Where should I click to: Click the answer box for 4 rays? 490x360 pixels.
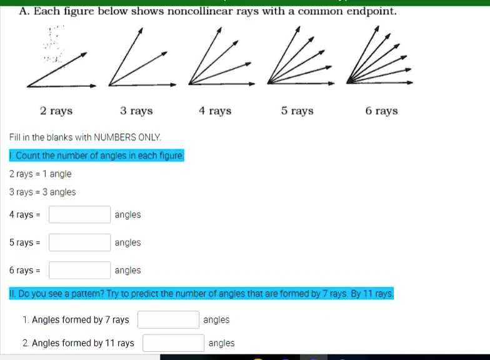(x=80, y=215)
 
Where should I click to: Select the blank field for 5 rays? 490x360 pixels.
(x=80, y=242)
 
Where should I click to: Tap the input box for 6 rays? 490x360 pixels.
(x=80, y=271)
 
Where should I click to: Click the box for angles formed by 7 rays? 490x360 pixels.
(x=169, y=320)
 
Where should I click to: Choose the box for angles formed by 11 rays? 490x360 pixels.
(x=174, y=343)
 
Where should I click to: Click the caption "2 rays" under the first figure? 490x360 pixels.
(x=56, y=111)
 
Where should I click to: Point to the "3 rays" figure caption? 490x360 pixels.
(x=136, y=111)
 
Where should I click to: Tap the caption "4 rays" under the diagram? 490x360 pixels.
(x=215, y=111)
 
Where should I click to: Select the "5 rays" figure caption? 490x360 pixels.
(x=297, y=111)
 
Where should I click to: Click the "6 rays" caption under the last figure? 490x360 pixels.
(x=381, y=111)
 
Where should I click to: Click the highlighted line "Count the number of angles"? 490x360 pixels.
(x=97, y=156)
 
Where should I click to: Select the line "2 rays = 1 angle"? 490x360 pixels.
(x=41, y=174)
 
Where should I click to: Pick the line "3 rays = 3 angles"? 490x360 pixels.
(x=42, y=192)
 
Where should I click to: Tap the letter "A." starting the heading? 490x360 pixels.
(x=25, y=12)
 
